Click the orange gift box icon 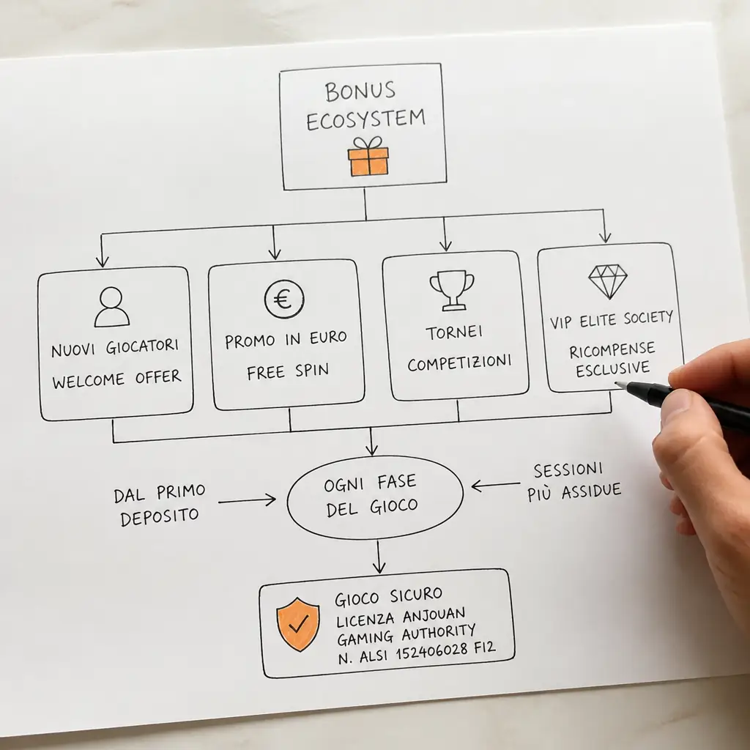coord(368,157)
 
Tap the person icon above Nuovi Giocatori coord(112,307)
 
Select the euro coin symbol coord(284,299)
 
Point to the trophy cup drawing coord(451,290)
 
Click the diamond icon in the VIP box coord(608,281)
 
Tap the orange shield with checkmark coord(298,624)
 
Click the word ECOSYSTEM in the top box coord(366,119)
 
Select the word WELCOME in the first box coord(89,381)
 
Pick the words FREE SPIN coord(288,371)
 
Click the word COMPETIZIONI coord(460,363)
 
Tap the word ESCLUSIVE coord(613,369)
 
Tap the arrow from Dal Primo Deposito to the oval coord(248,501)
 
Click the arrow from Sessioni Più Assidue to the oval coord(496,486)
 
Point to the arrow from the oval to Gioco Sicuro coord(379,557)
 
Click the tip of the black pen coord(617,383)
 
